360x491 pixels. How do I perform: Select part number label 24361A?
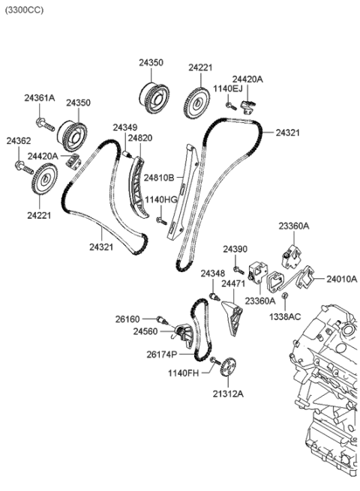(x=39, y=97)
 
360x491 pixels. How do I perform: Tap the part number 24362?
(x=18, y=141)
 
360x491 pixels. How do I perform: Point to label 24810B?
(x=160, y=178)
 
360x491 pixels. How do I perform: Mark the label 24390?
(x=234, y=248)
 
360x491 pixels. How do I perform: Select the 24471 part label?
(x=233, y=284)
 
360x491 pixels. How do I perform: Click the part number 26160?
(x=127, y=319)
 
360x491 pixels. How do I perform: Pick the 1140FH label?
(x=182, y=373)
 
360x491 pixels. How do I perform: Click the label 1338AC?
(x=286, y=317)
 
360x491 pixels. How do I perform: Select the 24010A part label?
(x=341, y=279)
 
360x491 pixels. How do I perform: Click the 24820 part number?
(x=139, y=138)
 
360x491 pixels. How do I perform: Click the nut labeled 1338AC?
(x=286, y=299)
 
